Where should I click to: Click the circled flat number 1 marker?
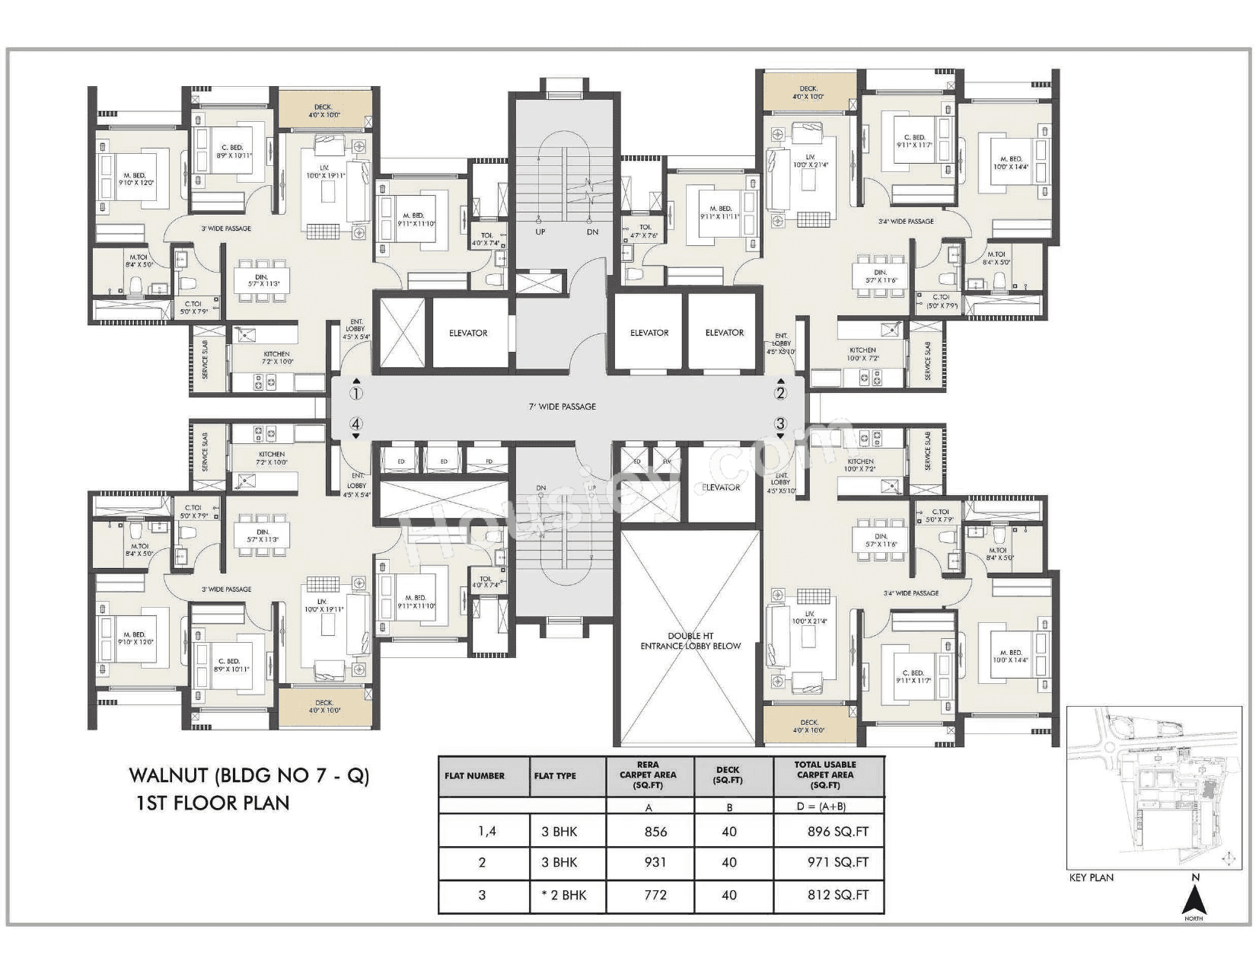click(355, 394)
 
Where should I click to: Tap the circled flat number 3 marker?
click(780, 423)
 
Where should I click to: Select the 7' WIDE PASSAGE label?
click(563, 407)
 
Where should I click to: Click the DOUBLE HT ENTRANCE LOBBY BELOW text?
click(690, 640)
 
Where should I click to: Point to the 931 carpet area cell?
click(655, 862)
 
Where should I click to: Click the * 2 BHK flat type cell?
click(563, 895)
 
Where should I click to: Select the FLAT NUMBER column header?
click(475, 776)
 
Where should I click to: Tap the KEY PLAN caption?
click(1091, 877)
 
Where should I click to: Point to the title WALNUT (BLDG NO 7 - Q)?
click(249, 776)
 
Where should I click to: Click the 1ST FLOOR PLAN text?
click(212, 803)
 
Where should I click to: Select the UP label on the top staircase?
click(540, 232)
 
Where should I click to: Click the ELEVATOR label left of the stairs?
click(468, 333)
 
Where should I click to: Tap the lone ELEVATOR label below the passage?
click(721, 487)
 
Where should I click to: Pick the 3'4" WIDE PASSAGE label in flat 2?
click(905, 222)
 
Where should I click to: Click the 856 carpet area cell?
click(655, 832)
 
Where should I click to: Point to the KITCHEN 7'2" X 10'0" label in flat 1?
click(276, 358)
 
